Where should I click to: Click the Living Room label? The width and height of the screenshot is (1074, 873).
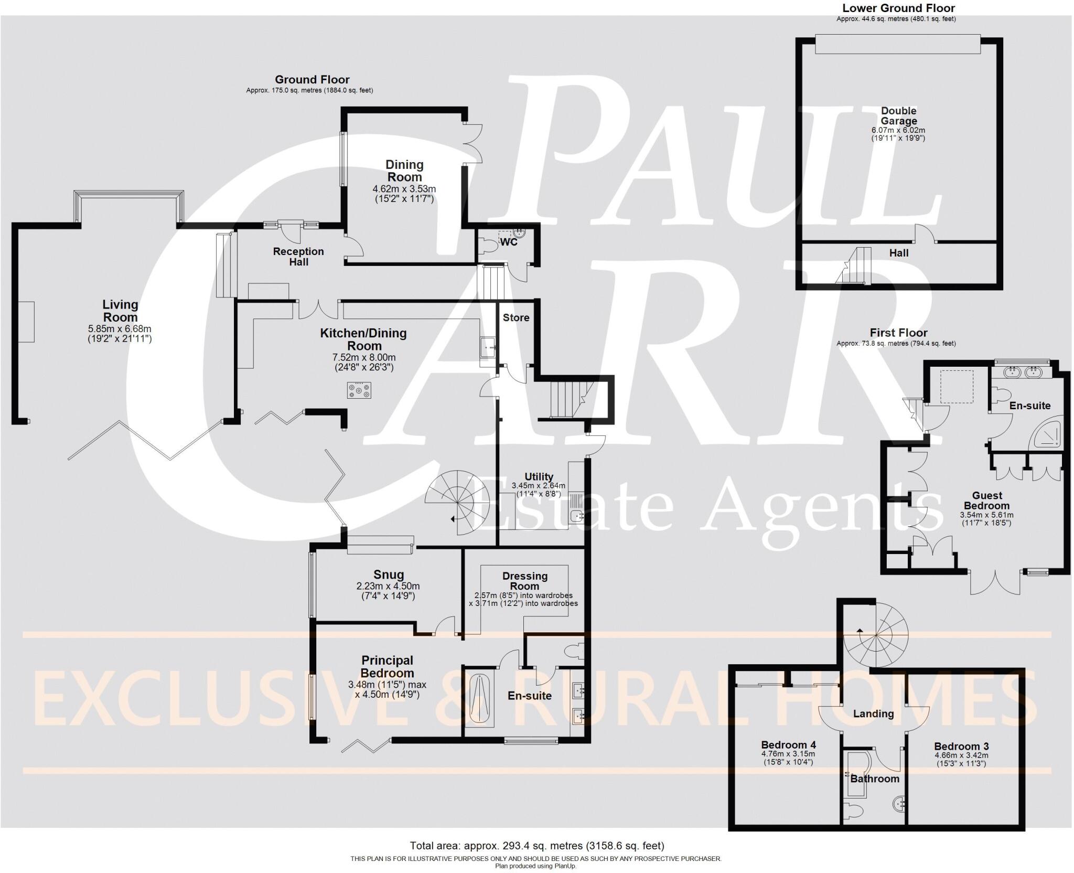pyautogui.click(x=120, y=311)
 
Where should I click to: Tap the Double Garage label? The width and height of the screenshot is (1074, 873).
pyautogui.click(x=899, y=116)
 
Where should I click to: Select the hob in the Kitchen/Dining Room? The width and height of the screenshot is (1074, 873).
pyautogui.click(x=359, y=390)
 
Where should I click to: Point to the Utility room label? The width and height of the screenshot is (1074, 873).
pyautogui.click(x=539, y=476)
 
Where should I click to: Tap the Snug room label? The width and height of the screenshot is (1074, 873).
pyautogui.click(x=389, y=574)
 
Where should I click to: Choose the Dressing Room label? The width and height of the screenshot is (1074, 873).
pyautogui.click(x=525, y=581)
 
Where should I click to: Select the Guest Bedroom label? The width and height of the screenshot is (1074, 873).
pyautogui.click(x=987, y=501)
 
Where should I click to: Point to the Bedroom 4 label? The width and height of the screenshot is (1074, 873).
pyautogui.click(x=788, y=744)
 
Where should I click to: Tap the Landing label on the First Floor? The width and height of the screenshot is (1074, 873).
pyautogui.click(x=873, y=714)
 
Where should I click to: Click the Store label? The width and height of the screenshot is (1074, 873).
pyautogui.click(x=516, y=317)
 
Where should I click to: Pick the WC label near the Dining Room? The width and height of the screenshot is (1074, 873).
pyautogui.click(x=509, y=242)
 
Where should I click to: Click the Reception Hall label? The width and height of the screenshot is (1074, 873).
pyautogui.click(x=298, y=257)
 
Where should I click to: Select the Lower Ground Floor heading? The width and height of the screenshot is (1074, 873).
pyautogui.click(x=898, y=8)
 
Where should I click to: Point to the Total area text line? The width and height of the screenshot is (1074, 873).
pyautogui.click(x=537, y=845)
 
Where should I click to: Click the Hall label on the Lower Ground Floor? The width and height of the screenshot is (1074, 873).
pyautogui.click(x=899, y=253)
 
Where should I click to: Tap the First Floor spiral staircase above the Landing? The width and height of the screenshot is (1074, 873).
pyautogui.click(x=876, y=635)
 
